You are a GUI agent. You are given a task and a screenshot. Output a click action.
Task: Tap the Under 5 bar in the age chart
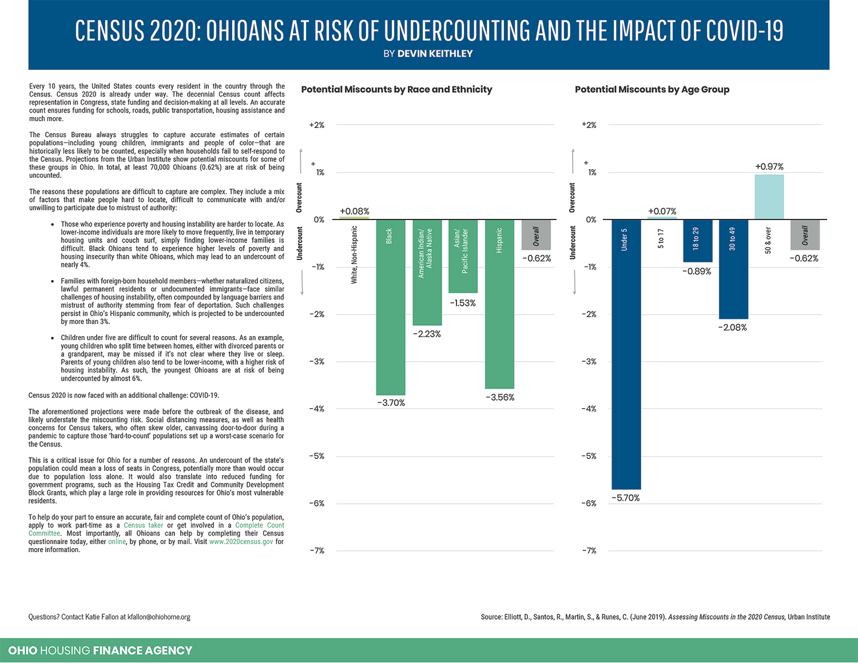(626, 354)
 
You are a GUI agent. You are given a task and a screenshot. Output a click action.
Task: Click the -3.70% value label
(391, 403)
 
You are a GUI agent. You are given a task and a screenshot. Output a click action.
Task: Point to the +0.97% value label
(769, 166)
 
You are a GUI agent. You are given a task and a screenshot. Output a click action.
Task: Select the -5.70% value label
(626, 498)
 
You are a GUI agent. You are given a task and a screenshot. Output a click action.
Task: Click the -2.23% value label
(427, 334)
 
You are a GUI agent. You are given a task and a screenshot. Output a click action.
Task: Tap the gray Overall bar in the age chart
(805, 235)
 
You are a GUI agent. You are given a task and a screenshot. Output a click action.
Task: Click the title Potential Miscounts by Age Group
(652, 89)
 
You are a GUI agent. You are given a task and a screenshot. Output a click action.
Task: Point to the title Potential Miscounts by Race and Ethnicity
(396, 89)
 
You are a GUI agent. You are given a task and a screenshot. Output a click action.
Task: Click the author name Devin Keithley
(435, 53)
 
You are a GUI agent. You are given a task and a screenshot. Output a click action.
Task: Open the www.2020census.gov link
(241, 541)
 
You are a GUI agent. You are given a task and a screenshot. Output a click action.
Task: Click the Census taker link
(143, 525)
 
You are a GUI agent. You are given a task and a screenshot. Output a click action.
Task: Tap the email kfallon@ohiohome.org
(158, 617)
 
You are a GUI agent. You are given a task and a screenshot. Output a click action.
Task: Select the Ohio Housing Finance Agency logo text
(100, 650)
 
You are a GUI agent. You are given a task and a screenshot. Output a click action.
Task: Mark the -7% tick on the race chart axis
(317, 550)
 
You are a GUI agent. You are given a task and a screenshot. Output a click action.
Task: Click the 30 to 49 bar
(733, 269)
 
